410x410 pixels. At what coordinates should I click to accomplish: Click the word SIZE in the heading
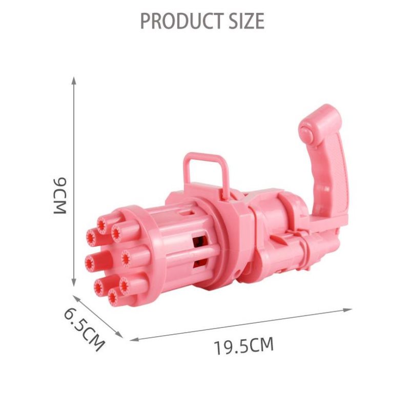tap(247, 20)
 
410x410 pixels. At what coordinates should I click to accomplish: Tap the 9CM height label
tap(60, 196)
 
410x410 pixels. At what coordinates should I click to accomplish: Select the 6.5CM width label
tap(84, 330)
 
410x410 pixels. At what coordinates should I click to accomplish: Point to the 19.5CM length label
tap(244, 345)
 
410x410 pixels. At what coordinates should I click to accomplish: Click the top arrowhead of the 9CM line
tap(74, 80)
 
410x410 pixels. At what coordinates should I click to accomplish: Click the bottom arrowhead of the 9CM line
tap(74, 283)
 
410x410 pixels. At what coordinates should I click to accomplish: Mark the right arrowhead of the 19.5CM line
tap(348, 310)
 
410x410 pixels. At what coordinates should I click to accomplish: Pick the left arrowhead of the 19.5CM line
tap(134, 339)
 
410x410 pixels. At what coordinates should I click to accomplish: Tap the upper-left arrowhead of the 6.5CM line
tap(76, 298)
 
